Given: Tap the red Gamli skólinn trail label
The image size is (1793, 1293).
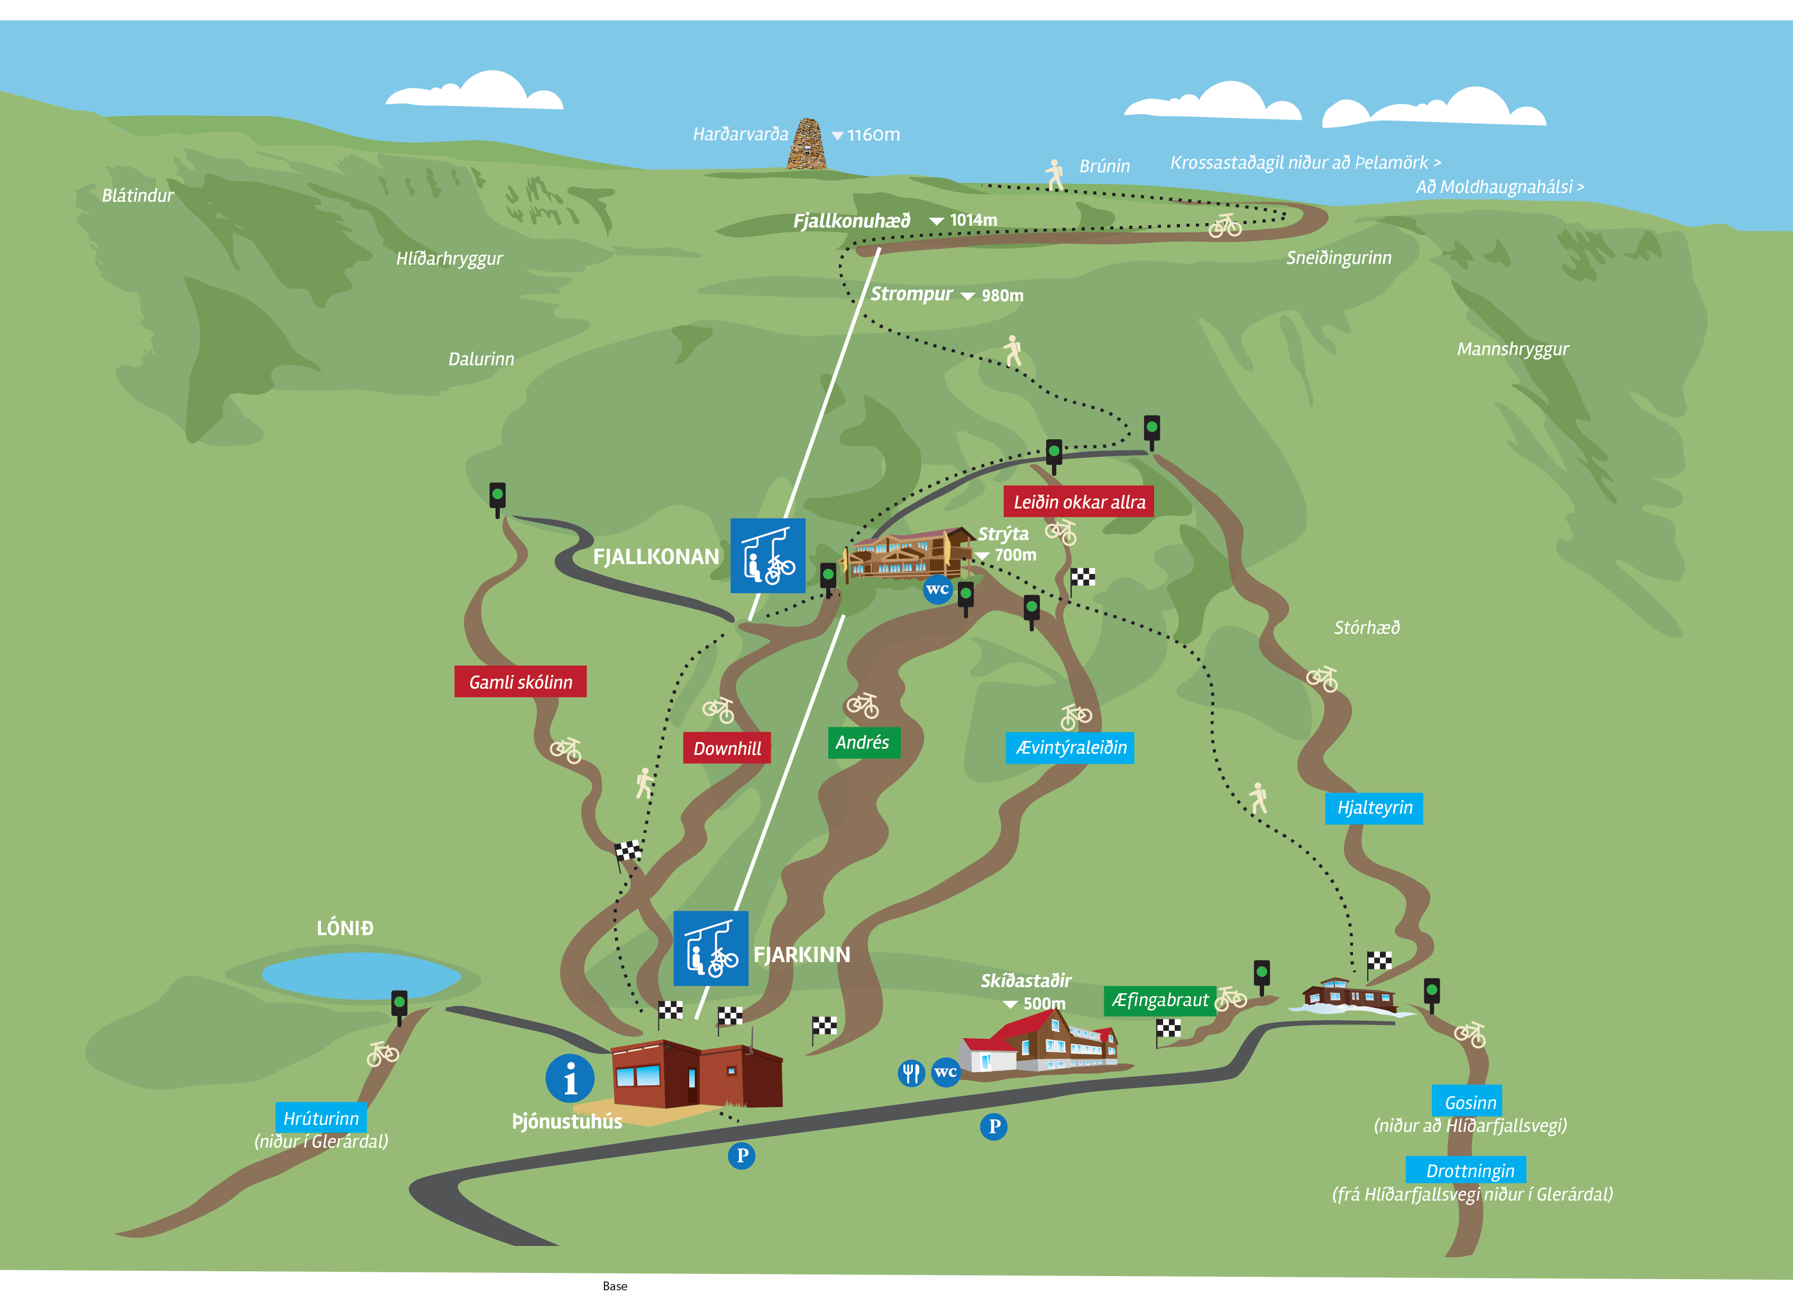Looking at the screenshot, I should (520, 681).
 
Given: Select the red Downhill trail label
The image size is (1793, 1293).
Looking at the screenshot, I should (727, 747).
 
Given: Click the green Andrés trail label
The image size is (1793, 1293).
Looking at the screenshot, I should (863, 742).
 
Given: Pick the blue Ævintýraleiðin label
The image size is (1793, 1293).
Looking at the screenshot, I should (1069, 747).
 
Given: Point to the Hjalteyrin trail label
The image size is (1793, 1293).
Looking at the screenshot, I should (1374, 808).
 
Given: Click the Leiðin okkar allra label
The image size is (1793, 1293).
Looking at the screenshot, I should (1078, 502).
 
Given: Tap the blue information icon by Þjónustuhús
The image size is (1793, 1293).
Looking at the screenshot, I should (569, 1078).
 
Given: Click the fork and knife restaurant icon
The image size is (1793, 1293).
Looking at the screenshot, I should (911, 1073).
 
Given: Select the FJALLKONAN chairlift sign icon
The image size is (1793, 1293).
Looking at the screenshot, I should (767, 556).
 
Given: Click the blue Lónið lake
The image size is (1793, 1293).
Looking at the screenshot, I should (361, 975).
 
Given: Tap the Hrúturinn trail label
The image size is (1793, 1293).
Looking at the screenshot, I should (321, 1117).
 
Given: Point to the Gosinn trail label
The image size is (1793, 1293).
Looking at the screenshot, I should (1470, 1102).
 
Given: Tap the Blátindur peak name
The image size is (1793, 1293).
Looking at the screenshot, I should (138, 195).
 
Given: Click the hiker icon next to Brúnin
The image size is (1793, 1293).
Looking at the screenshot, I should (1055, 174).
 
